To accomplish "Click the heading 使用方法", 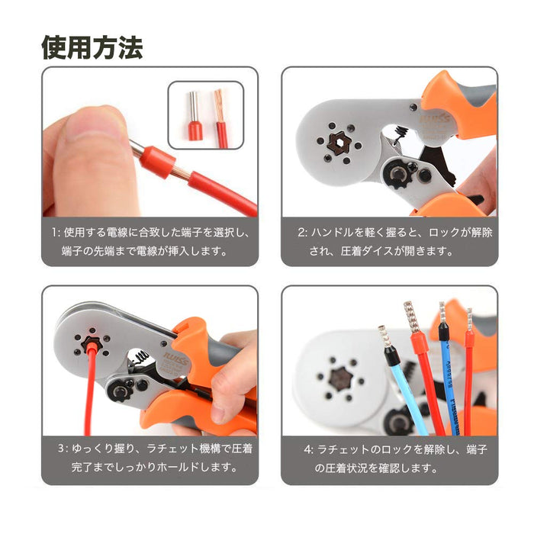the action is [92, 47].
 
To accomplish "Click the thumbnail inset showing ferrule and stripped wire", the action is [206, 114].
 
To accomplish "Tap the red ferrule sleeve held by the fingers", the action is [158, 162].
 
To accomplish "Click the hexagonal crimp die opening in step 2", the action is [338, 143].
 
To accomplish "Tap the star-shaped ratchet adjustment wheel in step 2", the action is [397, 175].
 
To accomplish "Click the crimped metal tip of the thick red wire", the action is [410, 317].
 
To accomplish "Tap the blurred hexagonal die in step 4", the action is [341, 378].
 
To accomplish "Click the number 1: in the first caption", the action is [56, 233].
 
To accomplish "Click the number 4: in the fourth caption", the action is [309, 449].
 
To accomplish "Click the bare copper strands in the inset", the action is [219, 105].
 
